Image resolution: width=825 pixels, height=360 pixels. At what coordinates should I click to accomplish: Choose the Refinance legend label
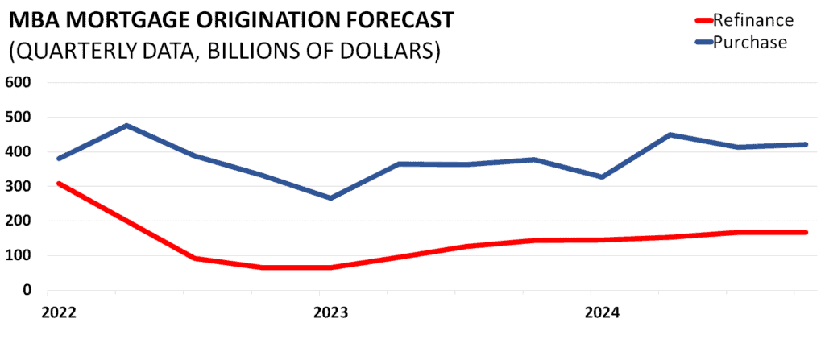pos(752,20)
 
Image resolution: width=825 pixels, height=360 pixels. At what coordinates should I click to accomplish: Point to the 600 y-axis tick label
pos(17,82)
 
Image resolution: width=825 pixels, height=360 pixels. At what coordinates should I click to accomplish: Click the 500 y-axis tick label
pos(17,117)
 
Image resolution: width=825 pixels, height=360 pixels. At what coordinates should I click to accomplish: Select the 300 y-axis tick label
pos(17,186)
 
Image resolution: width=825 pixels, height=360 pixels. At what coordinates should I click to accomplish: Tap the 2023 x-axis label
pos(329,312)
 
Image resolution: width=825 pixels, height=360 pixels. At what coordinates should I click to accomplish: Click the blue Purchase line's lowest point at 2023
pos(330,198)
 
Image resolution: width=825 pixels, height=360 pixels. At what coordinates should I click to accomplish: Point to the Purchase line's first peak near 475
pos(127,126)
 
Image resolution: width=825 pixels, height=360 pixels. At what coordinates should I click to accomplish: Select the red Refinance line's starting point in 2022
pos(60,184)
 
